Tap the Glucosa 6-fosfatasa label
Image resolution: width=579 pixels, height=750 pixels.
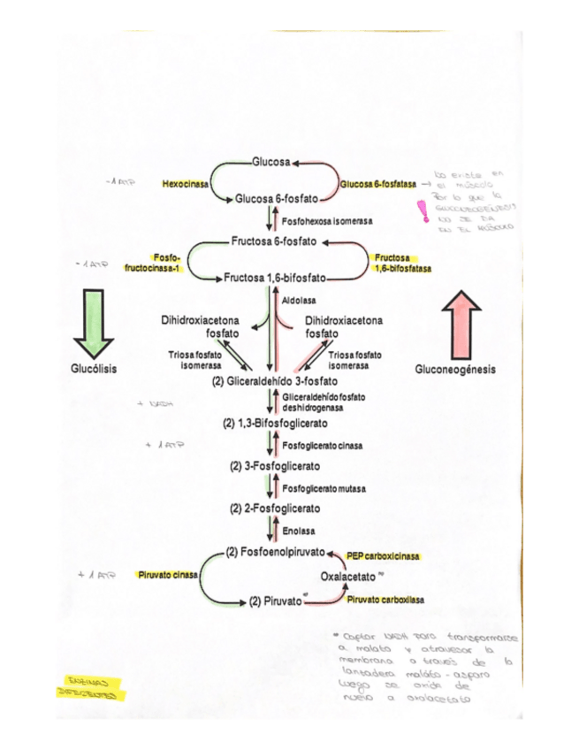click(x=377, y=184)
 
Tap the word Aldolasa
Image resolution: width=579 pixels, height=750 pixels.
click(x=299, y=301)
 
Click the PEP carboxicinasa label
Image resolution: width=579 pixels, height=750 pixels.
click(x=382, y=556)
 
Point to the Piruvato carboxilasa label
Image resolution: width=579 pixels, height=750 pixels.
click(x=385, y=600)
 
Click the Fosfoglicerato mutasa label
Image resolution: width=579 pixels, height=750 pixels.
click(x=324, y=488)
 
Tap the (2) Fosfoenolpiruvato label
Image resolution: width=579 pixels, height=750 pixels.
click(x=275, y=553)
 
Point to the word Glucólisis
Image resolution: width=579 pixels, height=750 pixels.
click(x=94, y=368)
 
